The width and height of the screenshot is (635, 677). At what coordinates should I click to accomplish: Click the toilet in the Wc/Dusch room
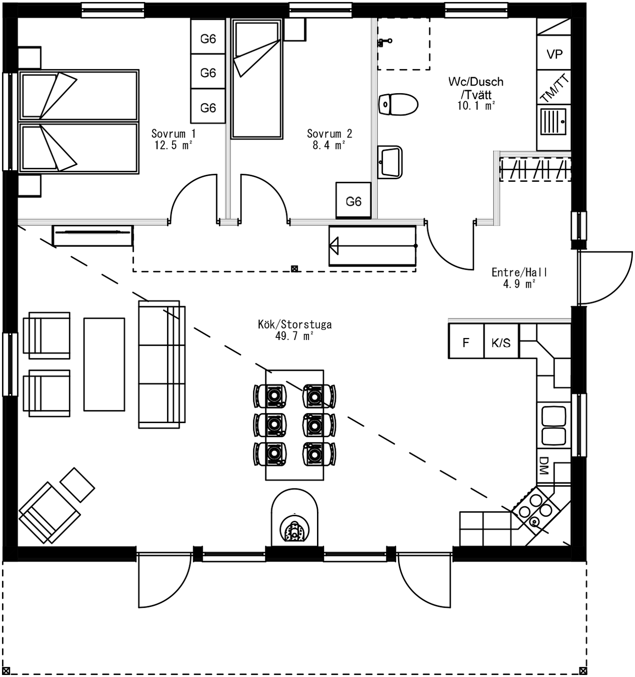[398, 104]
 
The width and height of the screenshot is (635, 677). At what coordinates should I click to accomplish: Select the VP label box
[554, 54]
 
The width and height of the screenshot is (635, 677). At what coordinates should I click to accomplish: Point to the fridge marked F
[466, 342]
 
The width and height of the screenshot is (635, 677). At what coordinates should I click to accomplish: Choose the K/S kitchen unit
[501, 342]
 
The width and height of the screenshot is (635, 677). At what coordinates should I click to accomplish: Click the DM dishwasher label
[543, 465]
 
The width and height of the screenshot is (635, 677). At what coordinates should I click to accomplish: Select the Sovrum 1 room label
[173, 133]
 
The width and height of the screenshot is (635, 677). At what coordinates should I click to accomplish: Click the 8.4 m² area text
[329, 146]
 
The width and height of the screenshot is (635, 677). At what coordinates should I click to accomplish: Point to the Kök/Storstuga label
[294, 324]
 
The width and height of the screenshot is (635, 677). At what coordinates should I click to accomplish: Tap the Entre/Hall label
[519, 273]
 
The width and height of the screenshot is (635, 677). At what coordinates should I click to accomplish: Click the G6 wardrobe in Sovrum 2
[353, 201]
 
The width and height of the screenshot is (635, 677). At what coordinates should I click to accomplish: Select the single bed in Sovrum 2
[256, 79]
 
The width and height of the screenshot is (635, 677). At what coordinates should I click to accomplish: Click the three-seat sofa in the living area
[161, 365]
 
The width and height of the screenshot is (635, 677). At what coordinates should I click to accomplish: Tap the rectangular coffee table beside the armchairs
[104, 364]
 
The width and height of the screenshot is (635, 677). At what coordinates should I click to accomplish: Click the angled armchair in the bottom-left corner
[49, 512]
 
